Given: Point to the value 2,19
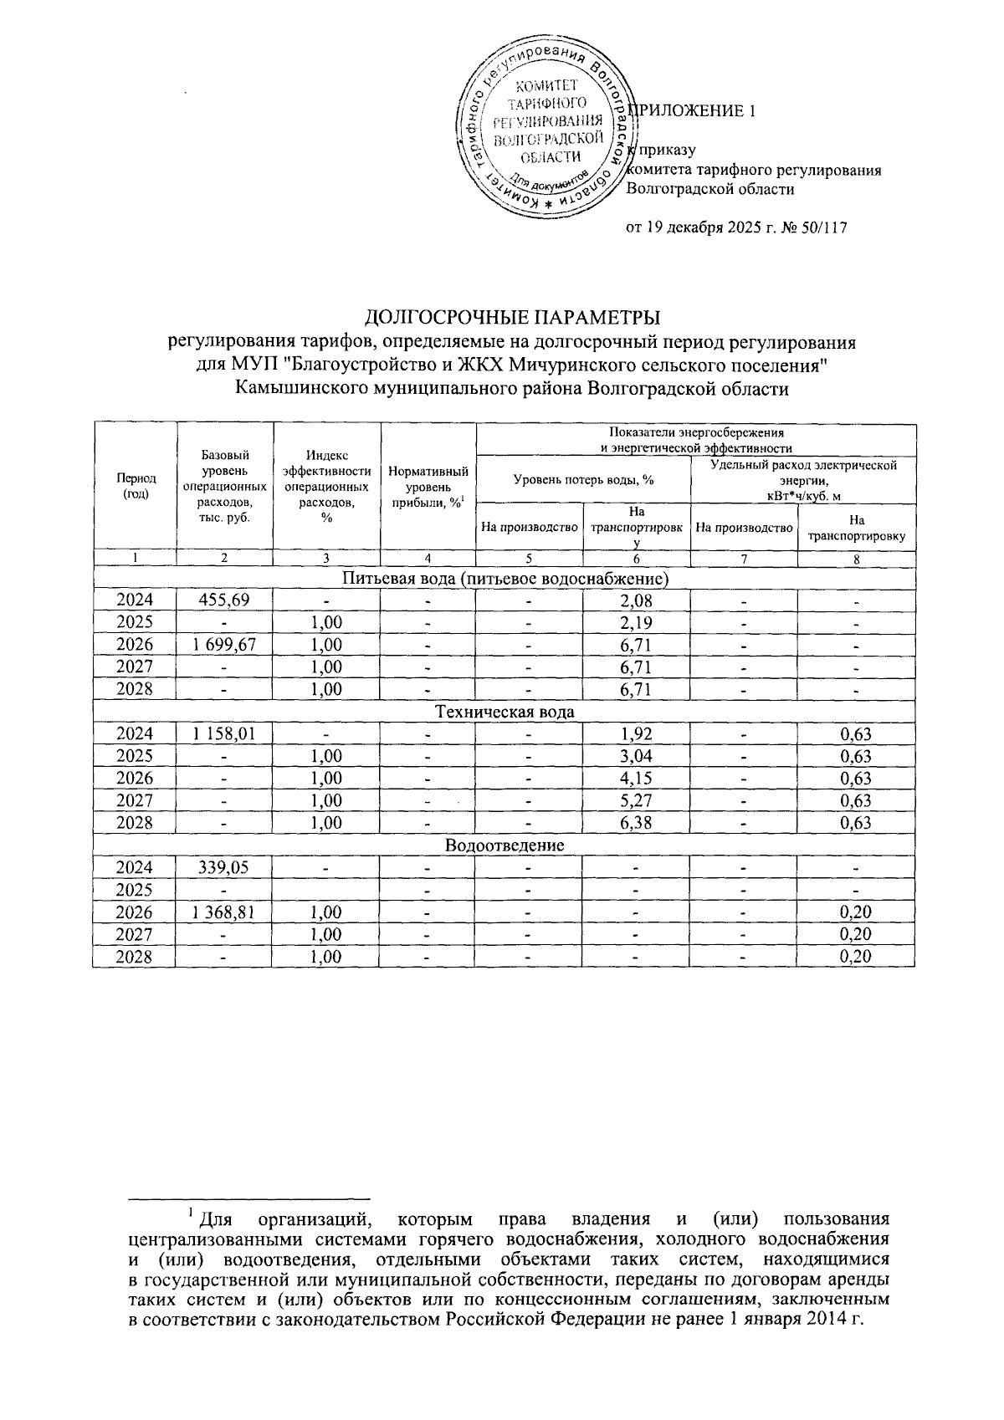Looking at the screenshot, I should (x=637, y=623).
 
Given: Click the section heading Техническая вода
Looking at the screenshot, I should (x=505, y=712).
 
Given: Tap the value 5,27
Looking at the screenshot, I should (x=637, y=801).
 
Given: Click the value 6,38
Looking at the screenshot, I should (x=637, y=823).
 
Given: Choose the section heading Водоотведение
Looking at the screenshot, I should (x=505, y=845).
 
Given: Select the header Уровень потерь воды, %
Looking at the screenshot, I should (x=583, y=479).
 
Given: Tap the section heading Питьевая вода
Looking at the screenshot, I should (x=505, y=578).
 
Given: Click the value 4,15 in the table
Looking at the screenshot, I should (x=637, y=779).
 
